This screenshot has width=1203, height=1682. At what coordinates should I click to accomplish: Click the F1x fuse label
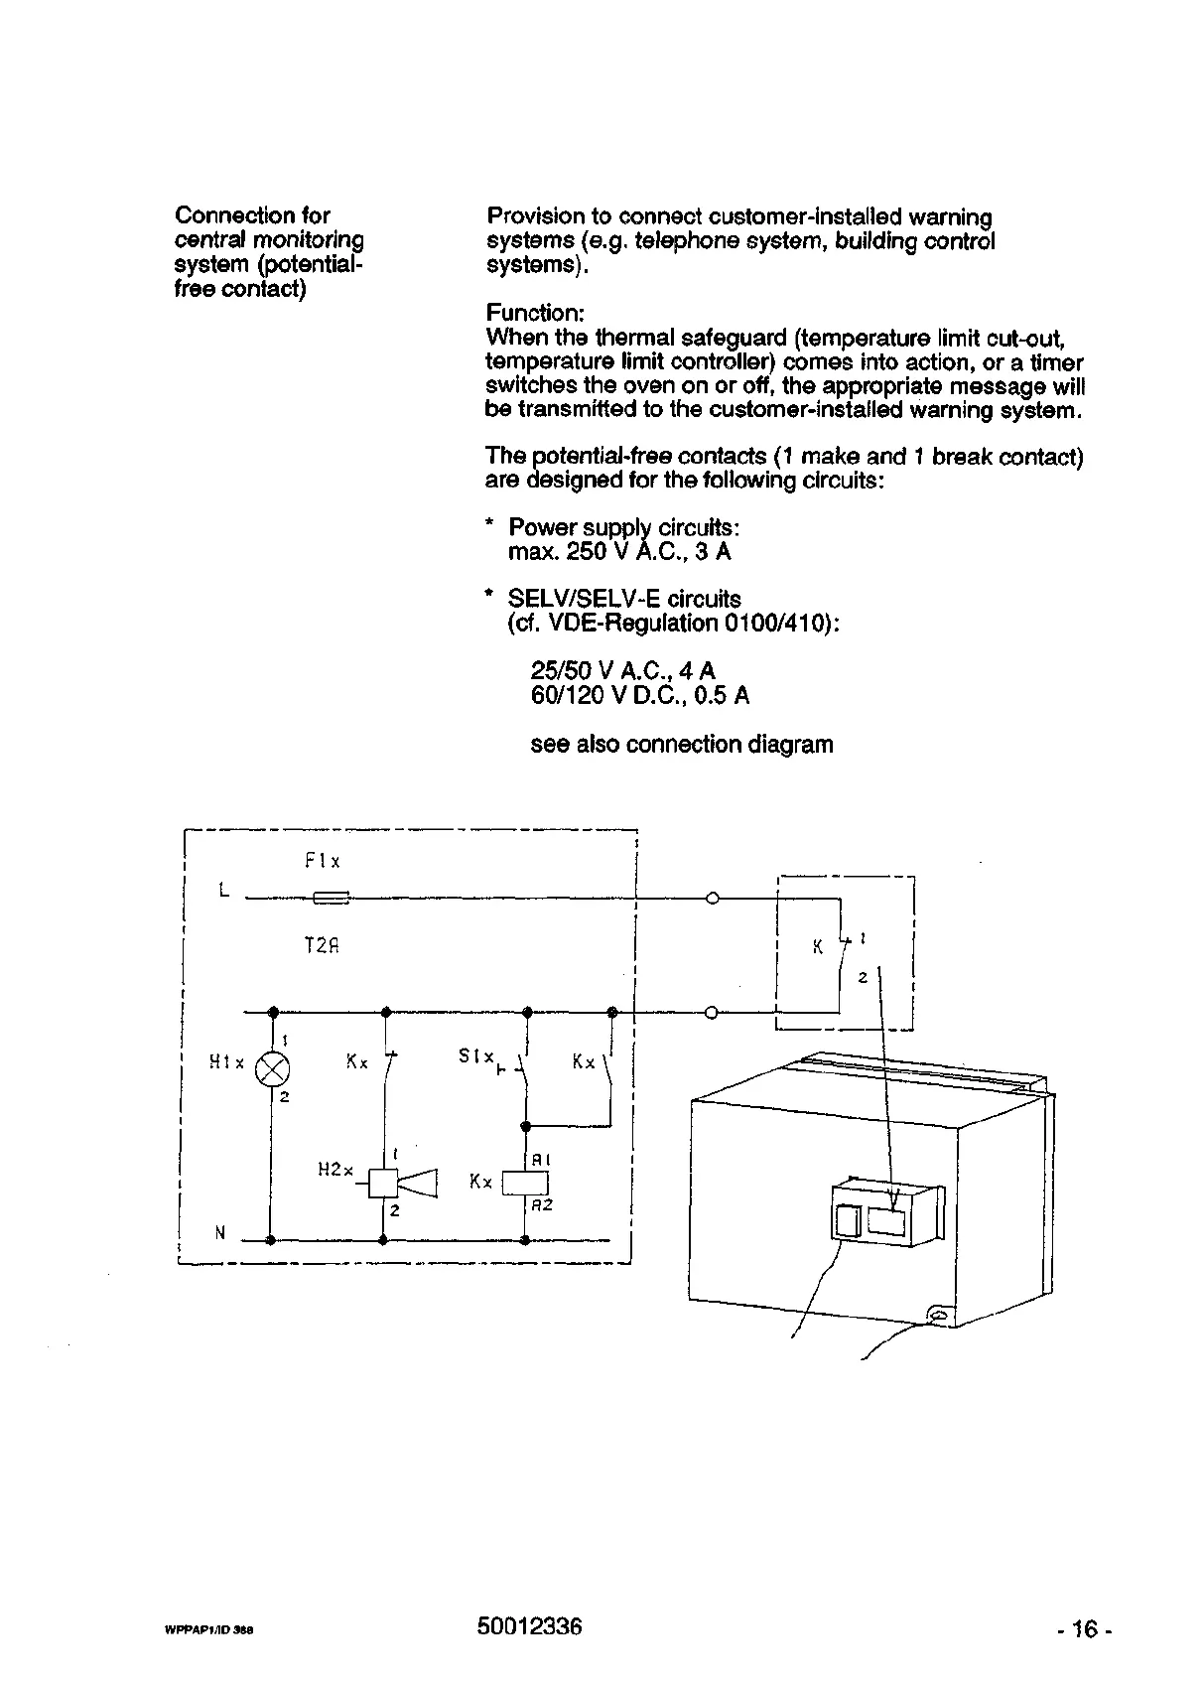pos(323,862)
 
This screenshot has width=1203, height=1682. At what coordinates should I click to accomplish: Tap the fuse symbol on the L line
pos(331,899)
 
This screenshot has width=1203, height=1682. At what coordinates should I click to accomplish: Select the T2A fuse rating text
pos(322,946)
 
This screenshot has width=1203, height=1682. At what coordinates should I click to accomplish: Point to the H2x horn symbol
pos(401,1183)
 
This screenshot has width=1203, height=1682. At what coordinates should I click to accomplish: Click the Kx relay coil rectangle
pos(525,1184)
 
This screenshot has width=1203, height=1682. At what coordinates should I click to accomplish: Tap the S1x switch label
pos(475,1056)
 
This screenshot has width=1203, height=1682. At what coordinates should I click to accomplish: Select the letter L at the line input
pos(224,891)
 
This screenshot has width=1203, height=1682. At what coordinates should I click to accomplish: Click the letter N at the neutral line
pos(220,1233)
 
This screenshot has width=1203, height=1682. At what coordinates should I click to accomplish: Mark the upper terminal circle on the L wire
pos(711,899)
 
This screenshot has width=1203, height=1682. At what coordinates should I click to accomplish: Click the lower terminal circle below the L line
pos(711,1013)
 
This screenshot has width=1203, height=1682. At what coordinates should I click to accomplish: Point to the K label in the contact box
pos(818,947)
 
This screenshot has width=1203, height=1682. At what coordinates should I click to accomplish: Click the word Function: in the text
pos(536,313)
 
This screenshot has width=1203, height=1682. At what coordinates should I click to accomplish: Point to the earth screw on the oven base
pos(937,1317)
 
